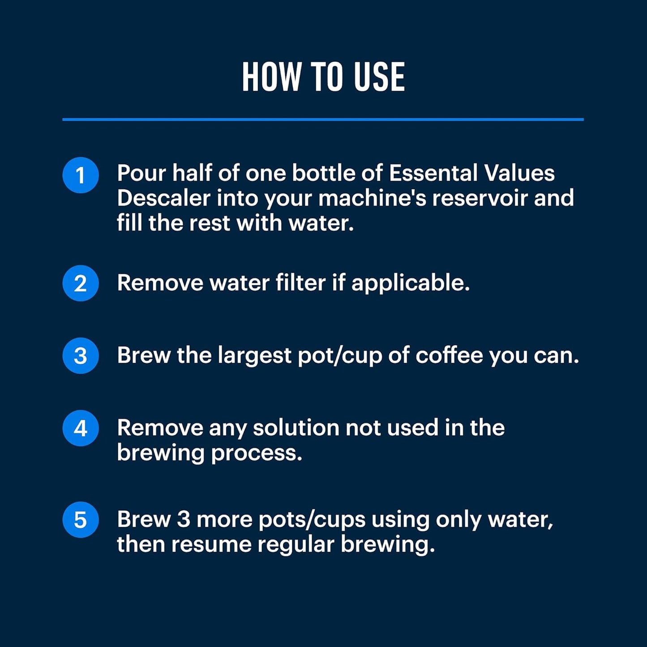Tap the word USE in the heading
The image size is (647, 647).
[379, 77]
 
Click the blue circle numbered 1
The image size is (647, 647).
[81, 175]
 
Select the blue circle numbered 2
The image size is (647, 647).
[81, 283]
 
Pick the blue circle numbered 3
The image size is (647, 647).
[81, 356]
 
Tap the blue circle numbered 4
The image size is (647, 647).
[81, 428]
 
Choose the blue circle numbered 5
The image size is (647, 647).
[81, 520]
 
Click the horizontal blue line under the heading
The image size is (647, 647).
[323, 120]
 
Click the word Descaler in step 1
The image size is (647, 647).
[163, 198]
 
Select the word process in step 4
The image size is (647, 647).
[256, 454]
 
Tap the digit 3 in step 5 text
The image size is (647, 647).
[184, 519]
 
